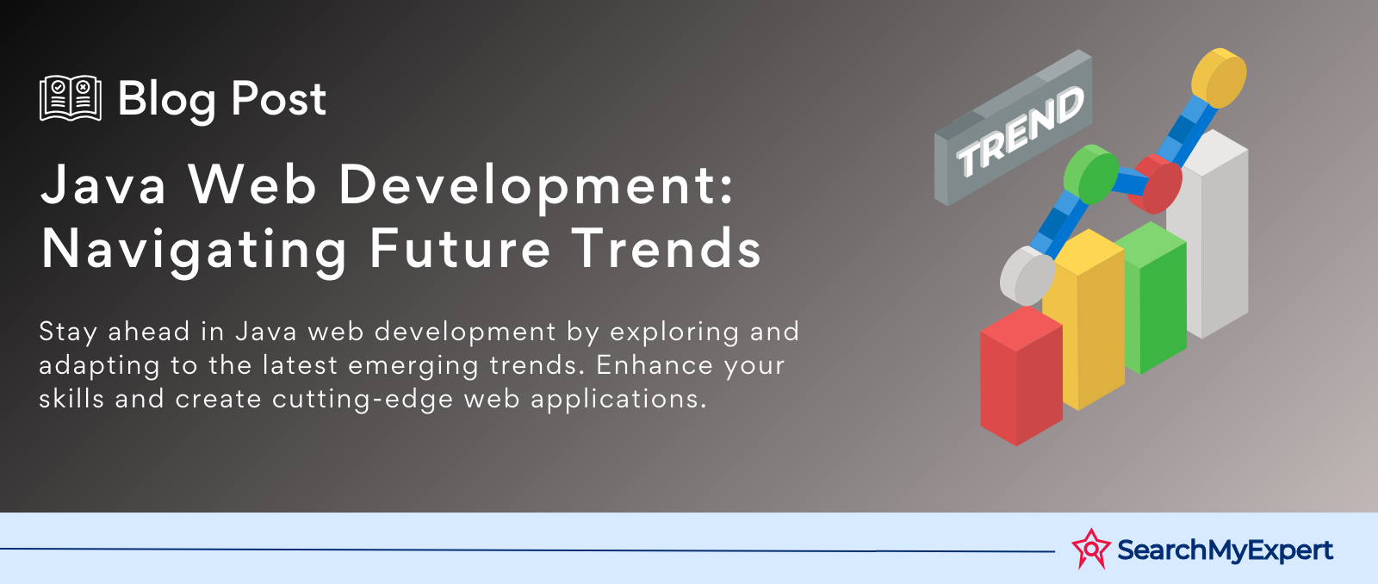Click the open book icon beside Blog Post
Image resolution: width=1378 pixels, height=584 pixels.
click(x=70, y=98)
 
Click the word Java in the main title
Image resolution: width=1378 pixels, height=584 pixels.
click(x=103, y=184)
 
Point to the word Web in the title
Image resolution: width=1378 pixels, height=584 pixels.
click(x=252, y=184)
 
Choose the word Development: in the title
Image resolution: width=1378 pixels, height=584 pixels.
click(x=537, y=188)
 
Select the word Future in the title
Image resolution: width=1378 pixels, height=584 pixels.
click(x=460, y=248)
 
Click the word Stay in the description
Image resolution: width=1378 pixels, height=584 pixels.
click(x=68, y=332)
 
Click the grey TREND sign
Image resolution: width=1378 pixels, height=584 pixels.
click(x=1013, y=128)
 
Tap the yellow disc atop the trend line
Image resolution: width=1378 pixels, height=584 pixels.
click(x=1219, y=78)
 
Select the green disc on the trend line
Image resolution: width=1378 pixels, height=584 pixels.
click(x=1090, y=174)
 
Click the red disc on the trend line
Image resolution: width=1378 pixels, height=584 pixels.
click(x=1158, y=183)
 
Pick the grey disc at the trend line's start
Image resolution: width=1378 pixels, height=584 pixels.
click(x=1027, y=275)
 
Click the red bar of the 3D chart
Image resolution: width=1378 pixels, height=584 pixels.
click(x=1021, y=376)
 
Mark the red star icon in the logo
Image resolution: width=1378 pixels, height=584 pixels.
click(x=1091, y=549)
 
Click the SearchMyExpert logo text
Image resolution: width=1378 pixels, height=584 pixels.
click(x=1225, y=550)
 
